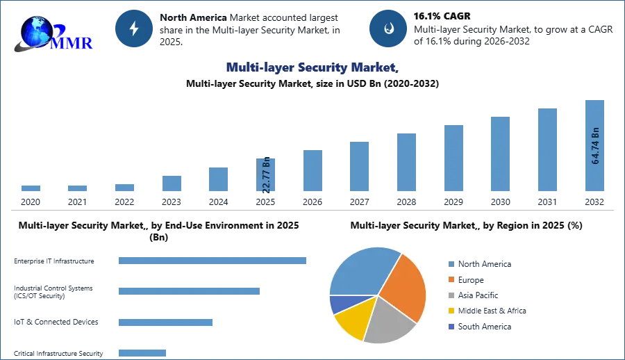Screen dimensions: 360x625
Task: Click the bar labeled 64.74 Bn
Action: [594, 147]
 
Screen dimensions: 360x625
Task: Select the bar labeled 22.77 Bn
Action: [266, 175]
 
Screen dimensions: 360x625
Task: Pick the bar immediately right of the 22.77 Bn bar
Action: [311, 172]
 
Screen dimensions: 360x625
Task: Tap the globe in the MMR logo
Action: [36, 31]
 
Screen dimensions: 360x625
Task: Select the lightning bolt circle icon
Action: [134, 28]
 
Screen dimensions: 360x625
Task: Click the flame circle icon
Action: [388, 28]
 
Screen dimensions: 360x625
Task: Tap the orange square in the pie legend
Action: [450, 279]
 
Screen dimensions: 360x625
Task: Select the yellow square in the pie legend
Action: [450, 311]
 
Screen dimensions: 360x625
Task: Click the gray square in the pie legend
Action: [450, 295]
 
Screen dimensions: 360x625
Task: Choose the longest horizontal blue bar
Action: [213, 261]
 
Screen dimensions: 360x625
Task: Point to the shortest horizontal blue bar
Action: [142, 351]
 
